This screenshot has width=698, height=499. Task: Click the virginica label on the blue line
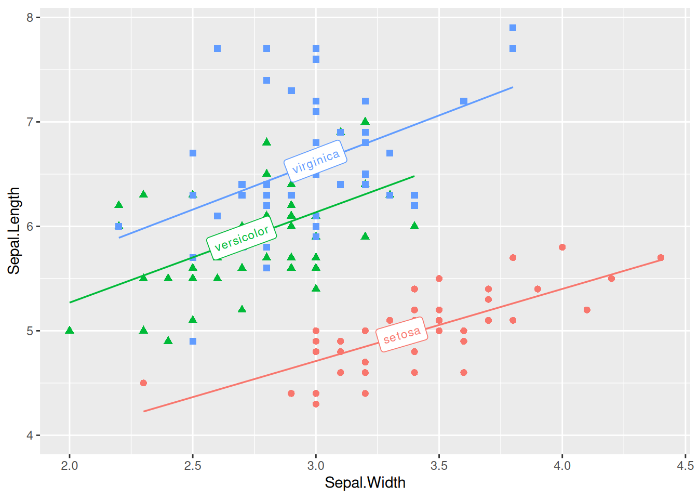coord(316,161)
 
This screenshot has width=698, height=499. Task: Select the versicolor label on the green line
coord(241,238)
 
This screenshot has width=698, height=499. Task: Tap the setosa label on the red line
coord(401,335)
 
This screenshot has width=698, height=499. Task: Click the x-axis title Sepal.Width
coord(365,483)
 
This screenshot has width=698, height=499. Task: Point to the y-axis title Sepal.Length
coord(14,230)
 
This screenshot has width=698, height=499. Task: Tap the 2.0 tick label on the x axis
coord(70,466)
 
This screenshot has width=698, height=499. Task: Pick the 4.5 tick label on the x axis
coord(685,466)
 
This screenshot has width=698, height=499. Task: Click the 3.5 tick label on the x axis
coord(439,466)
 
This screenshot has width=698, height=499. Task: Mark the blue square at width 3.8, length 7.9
coord(513,28)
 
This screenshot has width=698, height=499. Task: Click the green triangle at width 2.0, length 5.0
coord(70,331)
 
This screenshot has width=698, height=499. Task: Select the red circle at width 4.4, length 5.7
coord(661,258)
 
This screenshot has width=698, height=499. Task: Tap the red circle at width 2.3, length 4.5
coord(143,383)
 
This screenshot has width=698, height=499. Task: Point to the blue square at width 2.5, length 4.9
coord(193,342)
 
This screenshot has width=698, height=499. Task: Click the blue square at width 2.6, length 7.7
coord(217,49)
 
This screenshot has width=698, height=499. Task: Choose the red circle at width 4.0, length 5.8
coord(562,247)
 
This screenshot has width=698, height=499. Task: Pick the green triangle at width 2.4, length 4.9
coord(168,341)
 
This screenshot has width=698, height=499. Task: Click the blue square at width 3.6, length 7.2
coord(464,101)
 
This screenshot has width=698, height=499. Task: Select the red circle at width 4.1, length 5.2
coord(587,310)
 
